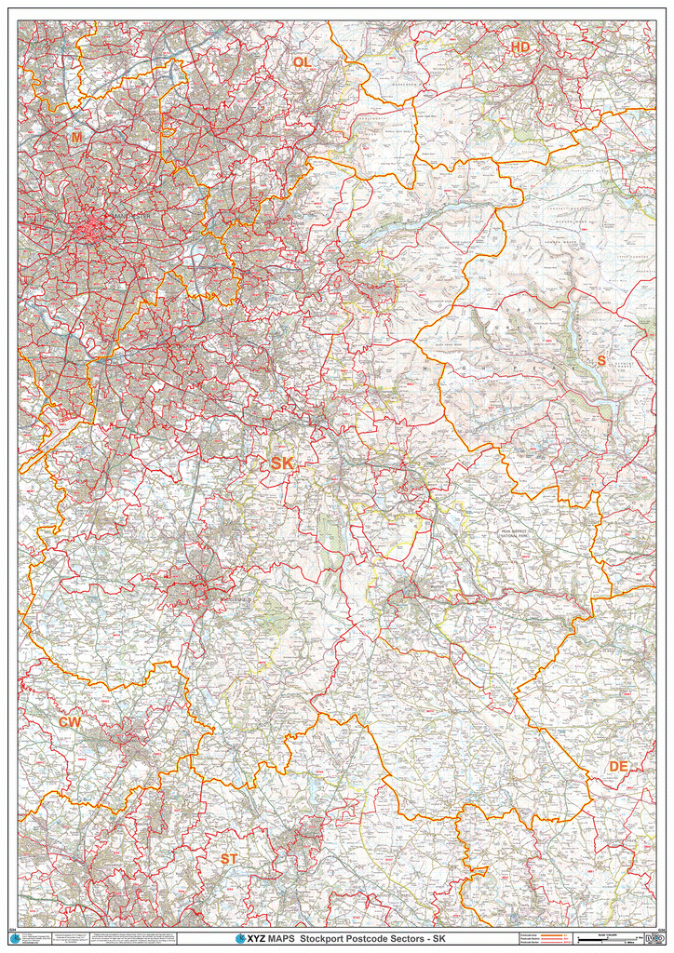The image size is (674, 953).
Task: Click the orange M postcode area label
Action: pyautogui.click(x=76, y=138)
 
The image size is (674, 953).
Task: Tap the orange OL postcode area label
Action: pyautogui.click(x=301, y=62)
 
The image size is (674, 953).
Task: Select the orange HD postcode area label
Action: pyautogui.click(x=519, y=47)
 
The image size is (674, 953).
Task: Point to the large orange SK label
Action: pyautogui.click(x=282, y=463)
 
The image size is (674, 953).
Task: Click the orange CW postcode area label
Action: pyautogui.click(x=70, y=722)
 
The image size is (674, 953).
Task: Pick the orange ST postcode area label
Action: pyautogui.click(x=228, y=857)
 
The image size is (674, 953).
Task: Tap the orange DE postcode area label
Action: pyautogui.click(x=618, y=766)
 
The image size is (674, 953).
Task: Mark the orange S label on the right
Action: pyautogui.click(x=601, y=360)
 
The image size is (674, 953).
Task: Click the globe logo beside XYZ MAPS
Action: pyautogui.click(x=240, y=939)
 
